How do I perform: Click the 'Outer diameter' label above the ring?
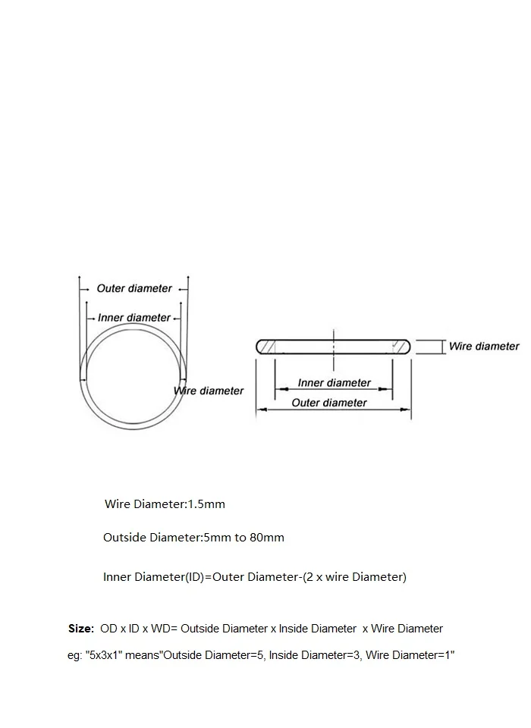(x=134, y=288)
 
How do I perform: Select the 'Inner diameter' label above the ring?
(x=134, y=318)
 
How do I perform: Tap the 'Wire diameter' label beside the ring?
(x=209, y=391)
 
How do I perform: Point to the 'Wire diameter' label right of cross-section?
(x=484, y=346)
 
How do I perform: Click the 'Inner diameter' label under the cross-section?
(x=334, y=383)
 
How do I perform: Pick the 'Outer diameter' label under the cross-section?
(x=329, y=403)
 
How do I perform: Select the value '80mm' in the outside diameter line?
(x=269, y=538)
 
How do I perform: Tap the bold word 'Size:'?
(x=81, y=629)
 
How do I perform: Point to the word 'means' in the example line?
(x=144, y=655)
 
